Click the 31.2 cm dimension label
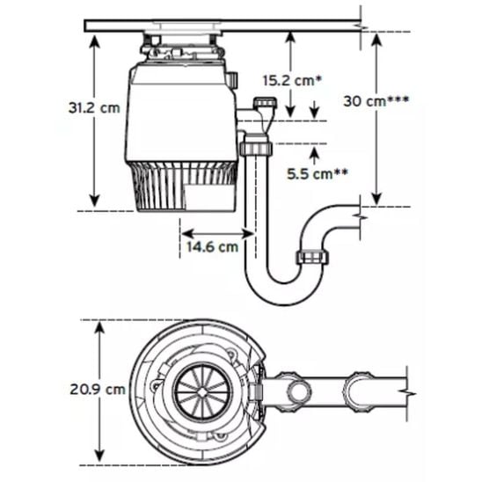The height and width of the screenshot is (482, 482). (x=94, y=108)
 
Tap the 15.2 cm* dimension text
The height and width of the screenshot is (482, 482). (x=292, y=81)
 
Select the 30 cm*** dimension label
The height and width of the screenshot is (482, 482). (x=376, y=101)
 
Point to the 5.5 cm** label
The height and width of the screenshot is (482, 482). (x=318, y=174)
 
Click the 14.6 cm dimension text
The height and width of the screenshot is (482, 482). (x=212, y=246)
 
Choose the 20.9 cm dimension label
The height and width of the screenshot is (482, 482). (x=98, y=390)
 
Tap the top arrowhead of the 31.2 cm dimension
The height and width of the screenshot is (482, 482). (x=95, y=40)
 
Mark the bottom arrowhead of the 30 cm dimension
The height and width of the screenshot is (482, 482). (x=376, y=199)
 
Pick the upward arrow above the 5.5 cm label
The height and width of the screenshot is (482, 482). (x=314, y=156)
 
